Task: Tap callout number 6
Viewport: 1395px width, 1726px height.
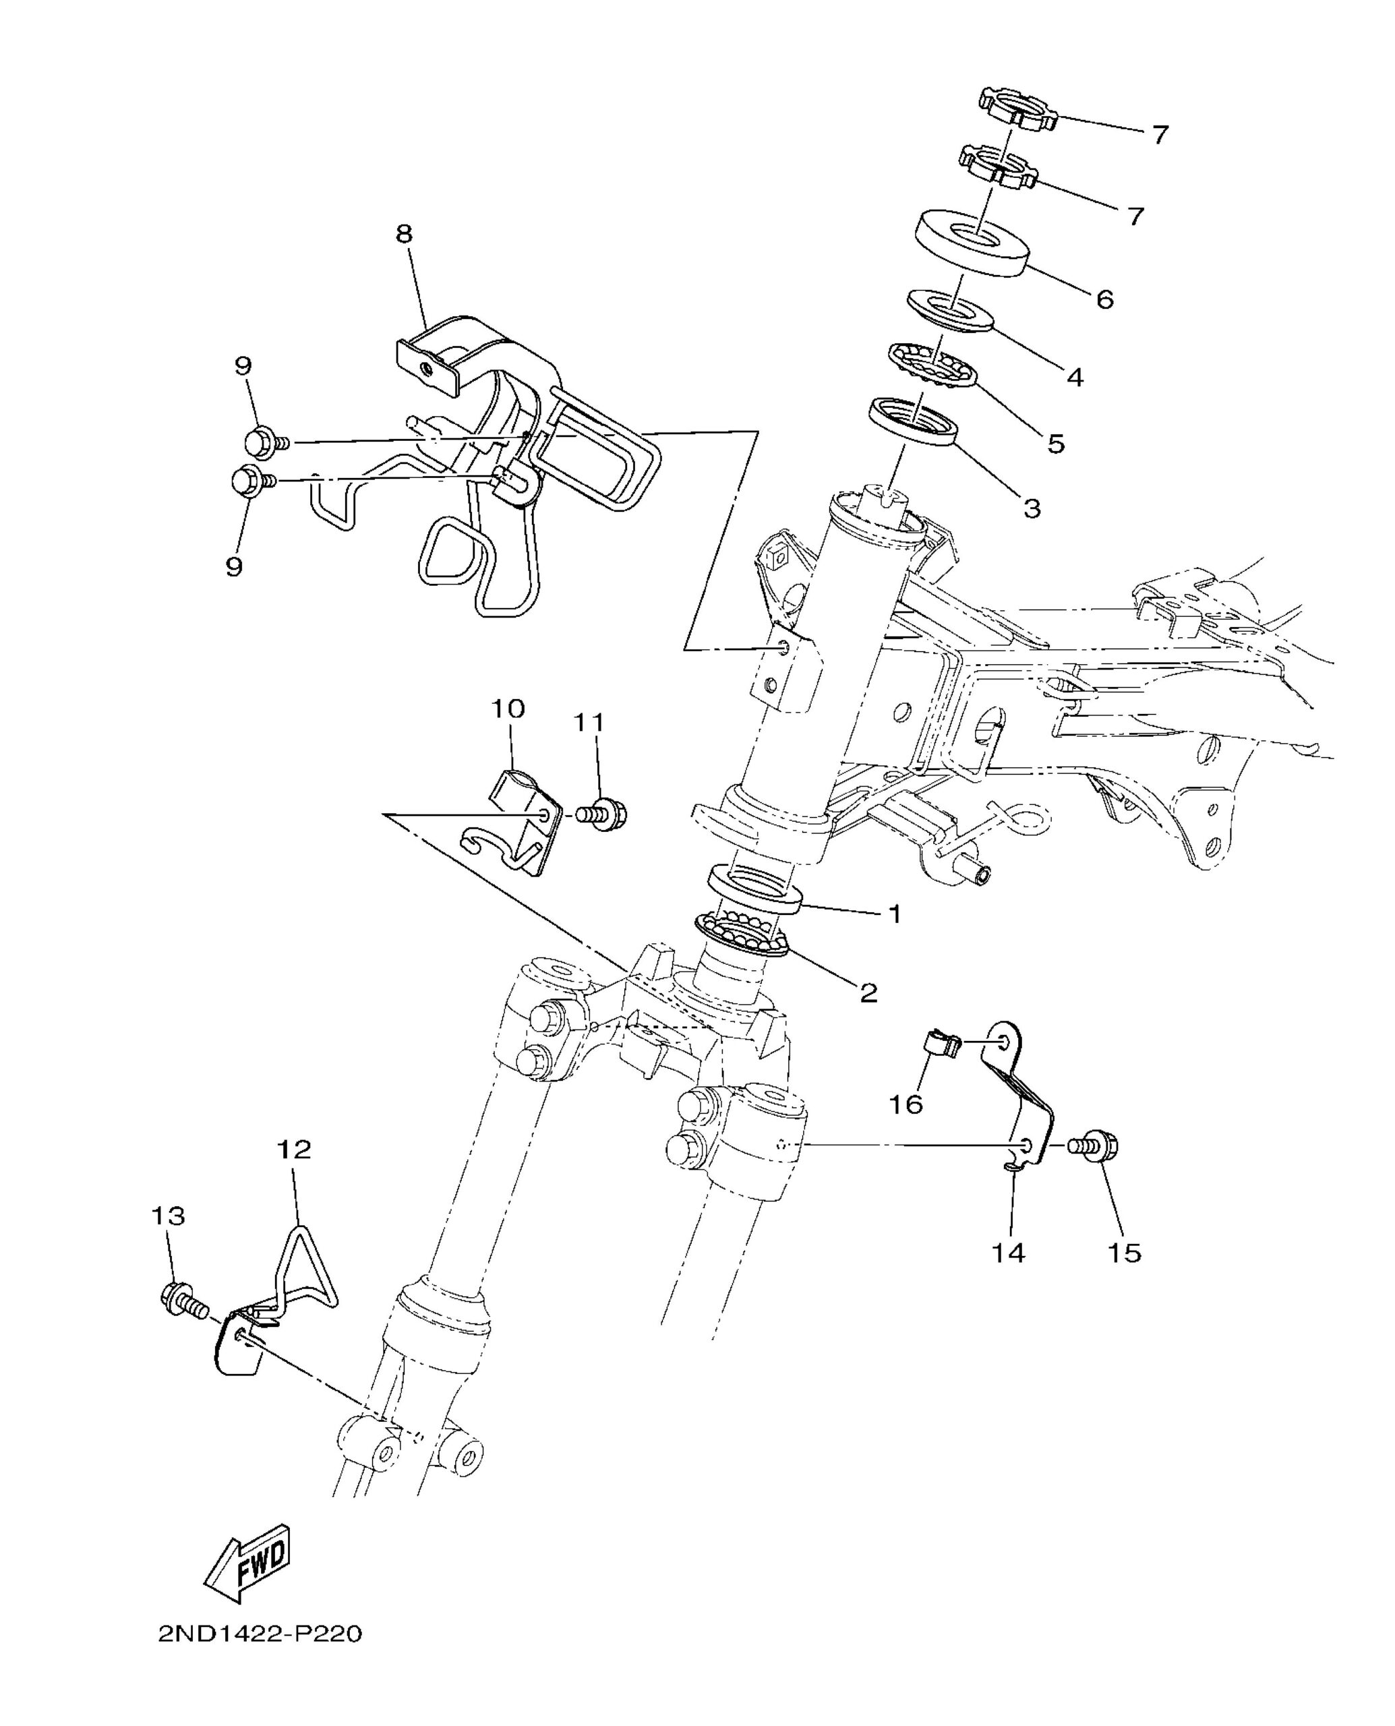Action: point(1105,299)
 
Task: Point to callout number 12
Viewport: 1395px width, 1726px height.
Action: point(294,1149)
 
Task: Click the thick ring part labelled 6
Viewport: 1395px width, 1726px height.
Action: point(973,243)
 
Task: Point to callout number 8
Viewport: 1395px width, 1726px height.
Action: point(404,234)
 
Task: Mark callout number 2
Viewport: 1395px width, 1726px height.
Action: point(868,993)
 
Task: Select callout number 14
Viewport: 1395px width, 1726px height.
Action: point(1009,1251)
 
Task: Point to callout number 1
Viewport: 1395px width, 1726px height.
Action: point(893,914)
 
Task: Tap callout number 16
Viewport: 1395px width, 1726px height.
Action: point(906,1104)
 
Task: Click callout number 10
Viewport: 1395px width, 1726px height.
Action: point(508,708)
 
